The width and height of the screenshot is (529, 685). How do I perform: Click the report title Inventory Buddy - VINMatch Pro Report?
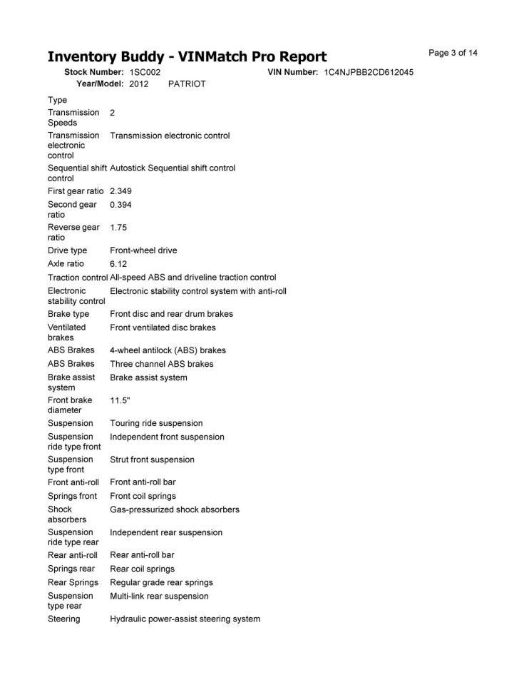187,56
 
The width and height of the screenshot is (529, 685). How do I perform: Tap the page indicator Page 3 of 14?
453,53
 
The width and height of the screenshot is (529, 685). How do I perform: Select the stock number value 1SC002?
145,72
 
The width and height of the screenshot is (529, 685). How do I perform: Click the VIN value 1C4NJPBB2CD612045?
369,72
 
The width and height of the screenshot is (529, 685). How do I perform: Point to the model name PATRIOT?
187,84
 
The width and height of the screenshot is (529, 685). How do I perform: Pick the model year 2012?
139,84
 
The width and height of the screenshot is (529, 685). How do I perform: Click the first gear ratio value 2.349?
120,191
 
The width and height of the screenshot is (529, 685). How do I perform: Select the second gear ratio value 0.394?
120,205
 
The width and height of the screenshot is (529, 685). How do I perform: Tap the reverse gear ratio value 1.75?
118,228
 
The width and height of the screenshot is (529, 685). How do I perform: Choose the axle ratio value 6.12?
118,264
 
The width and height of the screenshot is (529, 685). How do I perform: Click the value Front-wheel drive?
143,250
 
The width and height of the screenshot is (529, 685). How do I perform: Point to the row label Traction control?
78,278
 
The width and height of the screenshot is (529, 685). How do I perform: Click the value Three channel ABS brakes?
161,364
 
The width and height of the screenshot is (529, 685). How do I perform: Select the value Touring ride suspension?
156,423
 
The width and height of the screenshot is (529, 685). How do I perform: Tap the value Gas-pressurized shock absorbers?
175,509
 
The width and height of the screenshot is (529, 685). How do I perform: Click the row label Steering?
64,619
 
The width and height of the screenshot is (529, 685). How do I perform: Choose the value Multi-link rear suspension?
159,596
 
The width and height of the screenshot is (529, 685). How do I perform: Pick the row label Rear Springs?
73,582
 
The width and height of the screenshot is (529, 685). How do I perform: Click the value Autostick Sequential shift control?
173,168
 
